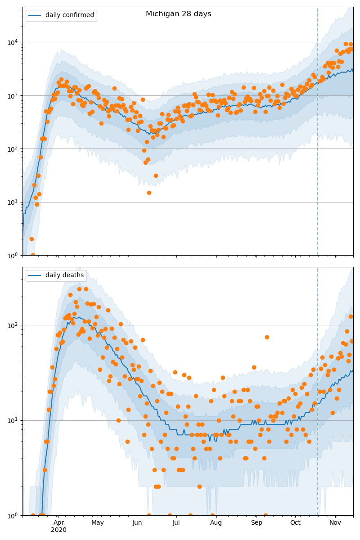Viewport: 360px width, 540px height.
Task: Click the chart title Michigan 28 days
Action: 178,14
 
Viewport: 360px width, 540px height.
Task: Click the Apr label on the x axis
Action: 58,522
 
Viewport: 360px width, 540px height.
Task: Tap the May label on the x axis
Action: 98,522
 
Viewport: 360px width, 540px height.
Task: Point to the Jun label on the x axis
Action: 137,522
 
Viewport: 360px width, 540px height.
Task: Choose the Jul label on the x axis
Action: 176,522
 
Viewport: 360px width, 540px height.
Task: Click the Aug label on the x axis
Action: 216,522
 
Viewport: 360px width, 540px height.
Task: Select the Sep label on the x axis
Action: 256,522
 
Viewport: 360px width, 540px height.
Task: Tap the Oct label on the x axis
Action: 295,522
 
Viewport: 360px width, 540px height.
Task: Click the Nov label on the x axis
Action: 335,522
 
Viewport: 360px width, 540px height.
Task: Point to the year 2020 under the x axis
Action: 58,530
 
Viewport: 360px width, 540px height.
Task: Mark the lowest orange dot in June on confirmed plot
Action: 149,193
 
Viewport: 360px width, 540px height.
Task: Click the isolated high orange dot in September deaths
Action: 267,337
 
